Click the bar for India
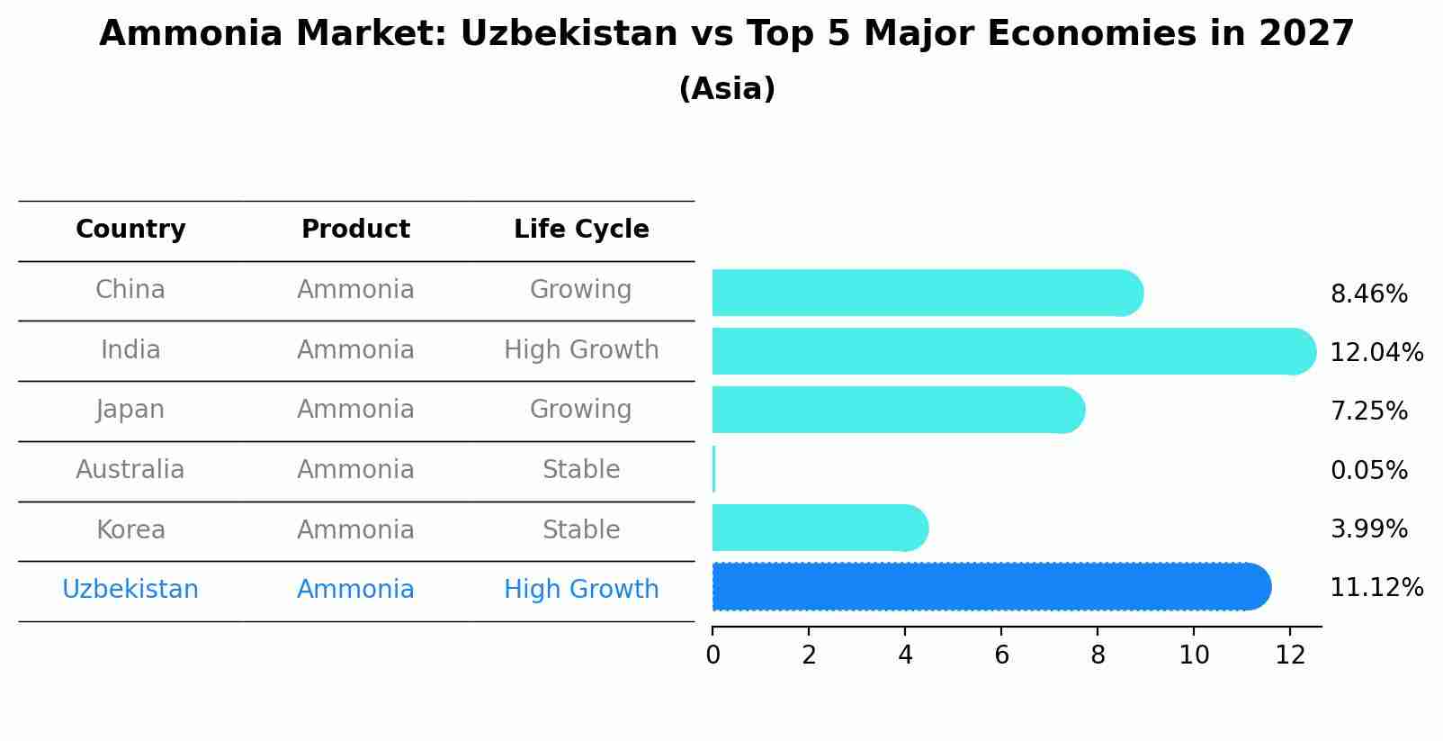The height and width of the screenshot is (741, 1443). click(1014, 351)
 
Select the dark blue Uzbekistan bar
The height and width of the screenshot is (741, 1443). click(991, 587)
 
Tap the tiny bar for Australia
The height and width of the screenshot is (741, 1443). click(714, 469)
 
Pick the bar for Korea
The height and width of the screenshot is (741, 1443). click(820, 528)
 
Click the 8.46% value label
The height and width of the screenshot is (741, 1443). click(1368, 294)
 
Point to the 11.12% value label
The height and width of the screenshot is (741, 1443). click(1376, 588)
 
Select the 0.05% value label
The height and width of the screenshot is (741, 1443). click(1368, 470)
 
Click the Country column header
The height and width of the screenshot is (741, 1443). click(130, 230)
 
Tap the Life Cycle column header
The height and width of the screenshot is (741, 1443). click(581, 230)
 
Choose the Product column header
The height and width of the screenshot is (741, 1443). click(355, 230)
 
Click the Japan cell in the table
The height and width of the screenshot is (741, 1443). click(130, 410)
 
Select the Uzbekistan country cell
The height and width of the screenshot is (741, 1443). click(130, 590)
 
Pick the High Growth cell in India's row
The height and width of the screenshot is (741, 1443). click(581, 349)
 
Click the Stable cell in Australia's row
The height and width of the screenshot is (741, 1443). click(581, 470)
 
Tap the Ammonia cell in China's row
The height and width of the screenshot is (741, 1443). click(355, 290)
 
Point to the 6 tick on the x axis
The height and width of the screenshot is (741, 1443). click(1001, 655)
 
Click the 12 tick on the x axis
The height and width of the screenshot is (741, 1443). click(1290, 655)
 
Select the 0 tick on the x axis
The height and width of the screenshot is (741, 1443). click(713, 655)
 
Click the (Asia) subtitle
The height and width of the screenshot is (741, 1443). click(727, 89)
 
